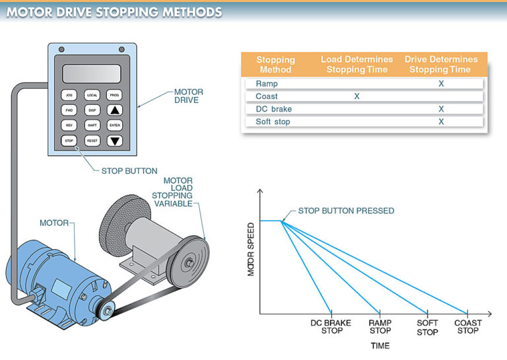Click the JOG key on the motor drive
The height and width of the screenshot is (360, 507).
(69, 95)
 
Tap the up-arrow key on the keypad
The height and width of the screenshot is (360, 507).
(116, 110)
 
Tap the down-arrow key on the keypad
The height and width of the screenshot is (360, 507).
(116, 140)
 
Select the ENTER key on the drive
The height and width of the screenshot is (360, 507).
(116, 125)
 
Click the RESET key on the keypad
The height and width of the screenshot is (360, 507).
(92, 140)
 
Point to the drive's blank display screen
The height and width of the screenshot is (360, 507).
(92, 73)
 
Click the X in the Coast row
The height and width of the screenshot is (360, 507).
(356, 96)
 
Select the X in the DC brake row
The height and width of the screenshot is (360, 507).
(440, 109)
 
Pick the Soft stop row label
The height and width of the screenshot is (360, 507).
(273, 122)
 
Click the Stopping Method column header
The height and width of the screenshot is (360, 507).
(275, 64)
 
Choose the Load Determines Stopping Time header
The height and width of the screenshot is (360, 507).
(356, 64)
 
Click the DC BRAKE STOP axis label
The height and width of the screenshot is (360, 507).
(331, 327)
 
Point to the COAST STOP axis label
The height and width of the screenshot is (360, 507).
(467, 327)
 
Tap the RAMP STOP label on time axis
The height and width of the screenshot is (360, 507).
(380, 327)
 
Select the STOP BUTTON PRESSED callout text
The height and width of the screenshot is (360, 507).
(346, 211)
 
